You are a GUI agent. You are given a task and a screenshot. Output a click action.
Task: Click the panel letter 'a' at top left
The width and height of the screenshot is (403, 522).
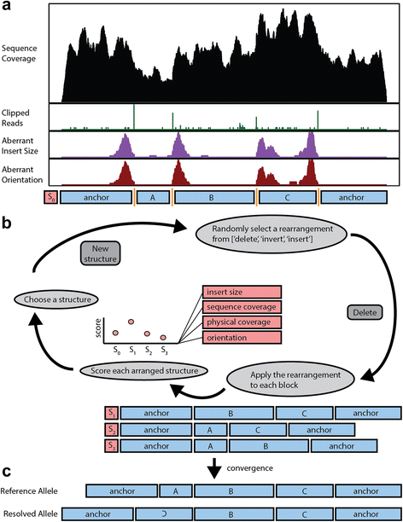click(6, 7)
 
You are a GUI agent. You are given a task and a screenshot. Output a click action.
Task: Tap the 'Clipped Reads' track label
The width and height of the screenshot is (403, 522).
click(19, 116)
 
